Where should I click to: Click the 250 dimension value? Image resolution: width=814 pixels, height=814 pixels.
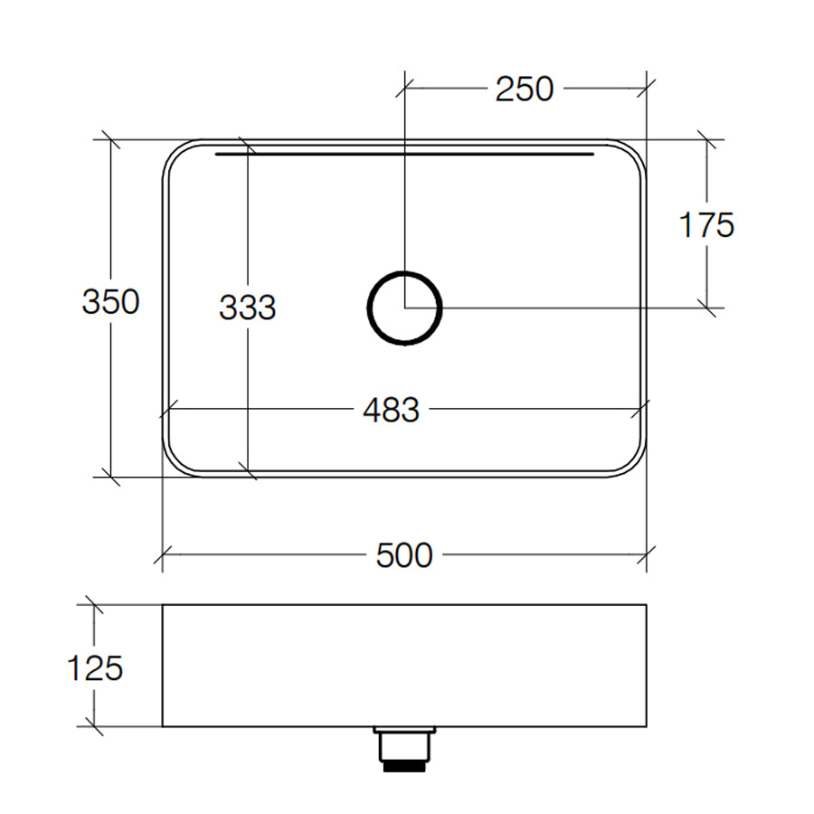coord(524,89)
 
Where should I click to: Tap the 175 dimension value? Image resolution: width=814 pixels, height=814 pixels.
coord(706,225)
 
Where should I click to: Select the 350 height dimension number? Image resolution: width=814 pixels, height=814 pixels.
coord(110,301)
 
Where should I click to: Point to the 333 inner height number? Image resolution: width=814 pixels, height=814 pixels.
coord(247,308)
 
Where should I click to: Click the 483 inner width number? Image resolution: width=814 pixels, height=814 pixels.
coord(391,411)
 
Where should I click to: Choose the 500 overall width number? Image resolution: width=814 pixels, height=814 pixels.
coord(404,554)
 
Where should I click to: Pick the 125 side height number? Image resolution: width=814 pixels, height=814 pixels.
coord(95,668)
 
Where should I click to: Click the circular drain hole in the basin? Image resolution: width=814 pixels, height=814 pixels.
coord(405,308)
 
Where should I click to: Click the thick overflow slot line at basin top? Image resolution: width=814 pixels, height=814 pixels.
coord(404,155)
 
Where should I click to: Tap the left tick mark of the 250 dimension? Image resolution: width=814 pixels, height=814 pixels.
coord(405,88)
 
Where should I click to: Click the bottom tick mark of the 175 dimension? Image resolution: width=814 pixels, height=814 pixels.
coord(706,308)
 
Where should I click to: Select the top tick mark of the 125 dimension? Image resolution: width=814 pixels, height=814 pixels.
coord(91,604)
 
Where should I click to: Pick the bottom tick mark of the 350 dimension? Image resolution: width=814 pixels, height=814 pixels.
coord(110,476)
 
